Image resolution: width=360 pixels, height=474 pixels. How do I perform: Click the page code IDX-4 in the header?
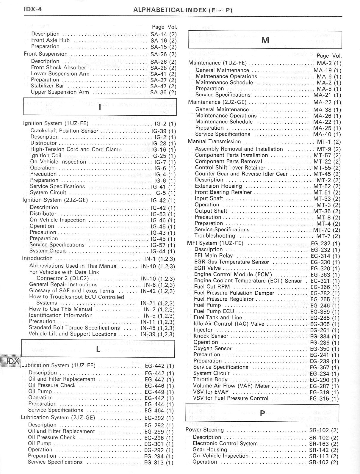click(32, 9)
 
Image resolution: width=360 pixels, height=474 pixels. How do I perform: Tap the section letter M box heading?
click(265, 40)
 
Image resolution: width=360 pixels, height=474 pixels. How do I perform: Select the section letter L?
click(98, 349)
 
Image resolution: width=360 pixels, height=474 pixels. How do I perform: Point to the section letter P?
click(262, 413)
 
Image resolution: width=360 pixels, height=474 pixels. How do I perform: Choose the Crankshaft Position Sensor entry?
click(64, 131)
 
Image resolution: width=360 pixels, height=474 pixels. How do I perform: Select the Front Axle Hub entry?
click(50, 40)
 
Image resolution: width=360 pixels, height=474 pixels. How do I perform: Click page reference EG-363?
click(320, 275)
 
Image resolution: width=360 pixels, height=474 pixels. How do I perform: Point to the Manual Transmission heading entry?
click(214, 142)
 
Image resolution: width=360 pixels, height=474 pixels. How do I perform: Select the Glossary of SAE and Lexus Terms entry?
click(72, 291)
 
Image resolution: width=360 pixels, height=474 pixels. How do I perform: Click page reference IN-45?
click(148, 328)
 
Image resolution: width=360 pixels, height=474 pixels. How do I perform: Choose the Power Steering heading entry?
click(205, 430)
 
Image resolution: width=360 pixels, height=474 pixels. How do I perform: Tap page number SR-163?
click(319, 444)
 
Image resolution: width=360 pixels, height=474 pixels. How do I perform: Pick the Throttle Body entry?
click(210, 379)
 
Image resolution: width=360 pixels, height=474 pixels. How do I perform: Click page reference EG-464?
click(154, 411)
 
